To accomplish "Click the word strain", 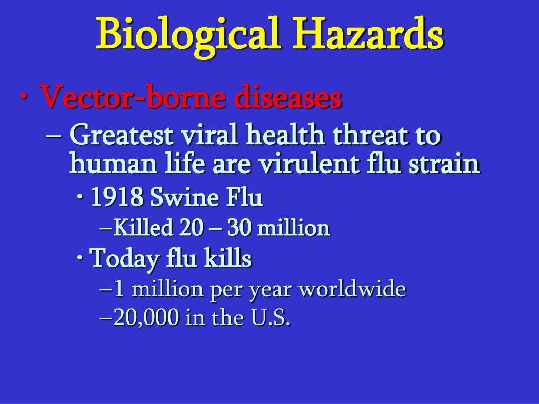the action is pos(444,164).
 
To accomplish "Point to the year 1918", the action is pos(117,198).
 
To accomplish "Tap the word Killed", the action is pos(143,227).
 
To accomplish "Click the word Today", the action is pos(124,258).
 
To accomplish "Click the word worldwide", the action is pos(352,289).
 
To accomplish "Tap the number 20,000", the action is pos(146,317).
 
